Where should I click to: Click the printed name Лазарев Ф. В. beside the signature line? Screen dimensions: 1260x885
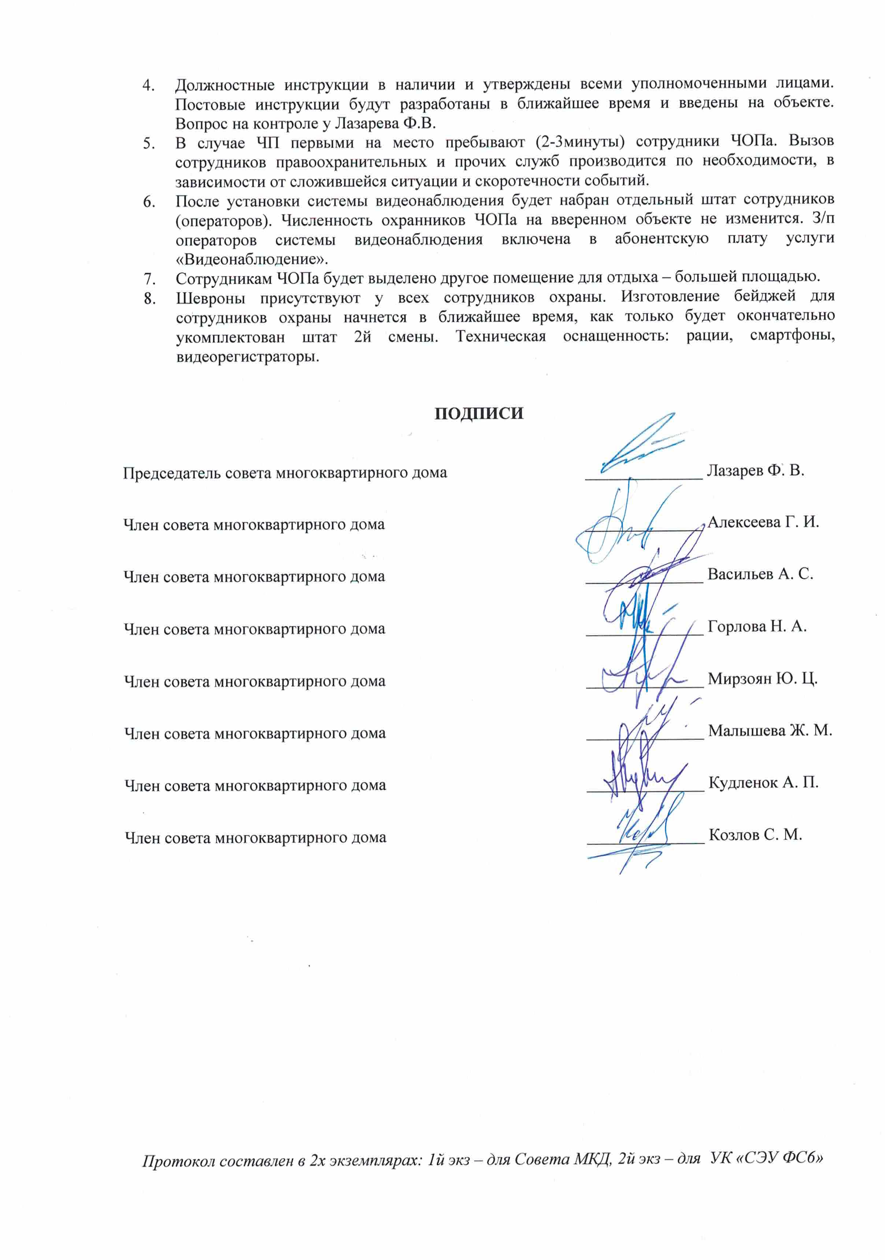pos(755,470)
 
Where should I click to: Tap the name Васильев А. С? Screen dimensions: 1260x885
pos(760,574)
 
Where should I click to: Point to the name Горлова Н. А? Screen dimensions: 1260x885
pos(757,626)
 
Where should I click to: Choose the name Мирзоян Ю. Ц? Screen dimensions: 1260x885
pos(762,679)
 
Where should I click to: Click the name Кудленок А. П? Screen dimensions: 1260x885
pos(763,782)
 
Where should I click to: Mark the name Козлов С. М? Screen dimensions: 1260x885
pos(755,835)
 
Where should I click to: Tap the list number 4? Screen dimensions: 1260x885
pos(148,85)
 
